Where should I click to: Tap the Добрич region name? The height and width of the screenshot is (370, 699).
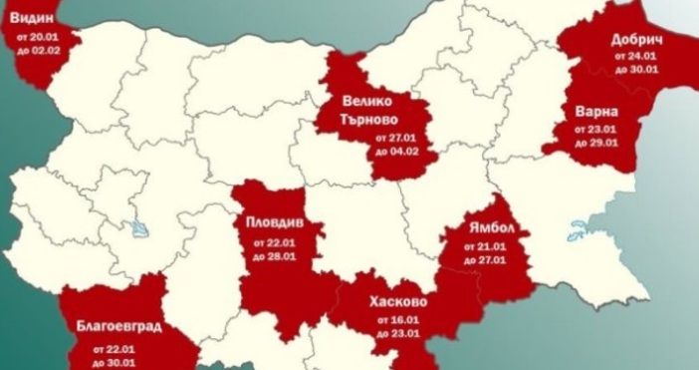[x=633, y=41]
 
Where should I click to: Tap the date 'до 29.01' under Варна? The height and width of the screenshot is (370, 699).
[x=598, y=141]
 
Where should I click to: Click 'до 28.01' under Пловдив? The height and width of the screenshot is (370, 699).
[x=272, y=256]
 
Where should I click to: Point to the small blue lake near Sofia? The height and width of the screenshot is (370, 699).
[x=136, y=228]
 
